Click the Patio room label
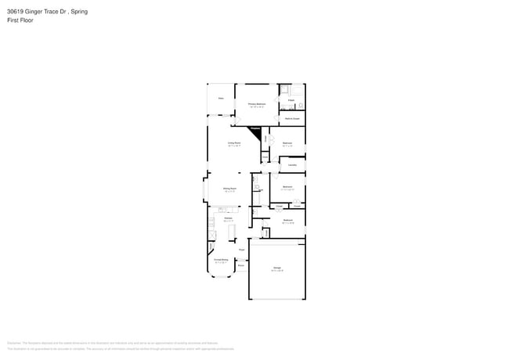coord(222,99)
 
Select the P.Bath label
coord(291,101)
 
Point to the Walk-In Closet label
coord(292,118)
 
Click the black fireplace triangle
coord(254,131)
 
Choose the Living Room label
coord(233,142)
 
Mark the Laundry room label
coord(291,165)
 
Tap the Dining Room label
coord(229,188)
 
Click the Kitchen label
coord(228,218)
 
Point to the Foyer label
coord(242,250)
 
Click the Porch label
coord(241,265)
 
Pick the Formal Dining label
coord(222,259)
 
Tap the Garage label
coord(277,268)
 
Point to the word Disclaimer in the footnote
coord(13,342)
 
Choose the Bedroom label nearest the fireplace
coord(287,142)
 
